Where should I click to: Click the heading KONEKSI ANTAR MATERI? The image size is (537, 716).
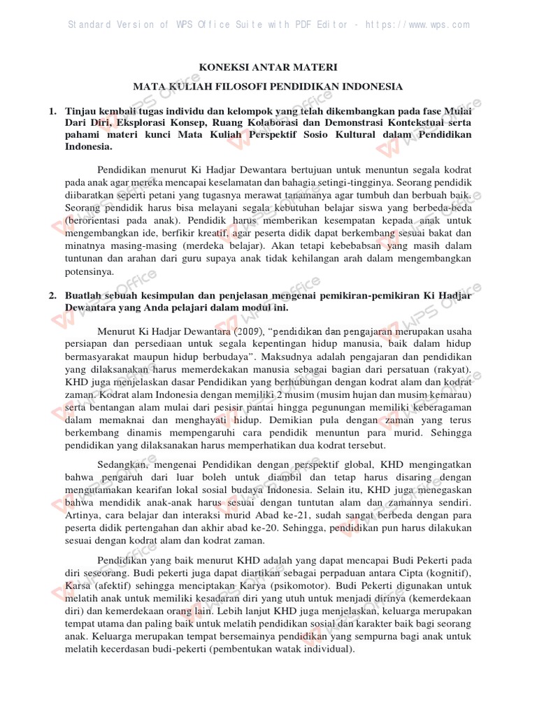(268, 68)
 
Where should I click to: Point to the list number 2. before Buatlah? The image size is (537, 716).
(52, 295)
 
